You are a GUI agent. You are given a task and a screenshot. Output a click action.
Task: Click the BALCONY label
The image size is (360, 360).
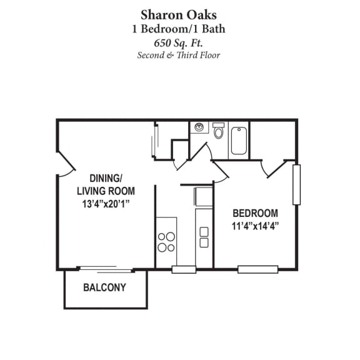tap(104, 288)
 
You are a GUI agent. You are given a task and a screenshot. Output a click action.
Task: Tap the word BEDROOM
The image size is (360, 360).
tap(255, 212)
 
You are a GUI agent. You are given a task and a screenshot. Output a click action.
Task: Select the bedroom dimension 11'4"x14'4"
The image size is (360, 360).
tap(255, 226)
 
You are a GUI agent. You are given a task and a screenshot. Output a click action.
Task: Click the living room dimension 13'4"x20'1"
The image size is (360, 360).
tap(106, 204)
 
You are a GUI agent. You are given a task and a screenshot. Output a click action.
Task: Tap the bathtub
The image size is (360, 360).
tap(239, 141)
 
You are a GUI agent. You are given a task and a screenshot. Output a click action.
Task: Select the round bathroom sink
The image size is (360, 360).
tap(199, 127)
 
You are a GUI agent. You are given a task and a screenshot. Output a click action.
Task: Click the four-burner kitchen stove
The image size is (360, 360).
tap(166, 242)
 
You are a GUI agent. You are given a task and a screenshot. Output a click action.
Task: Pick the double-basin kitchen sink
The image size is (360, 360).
tap(204, 237)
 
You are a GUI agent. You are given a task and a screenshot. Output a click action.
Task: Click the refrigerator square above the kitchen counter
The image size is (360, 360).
tap(204, 197)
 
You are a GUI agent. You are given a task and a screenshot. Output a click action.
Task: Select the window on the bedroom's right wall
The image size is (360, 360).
tap(296, 184)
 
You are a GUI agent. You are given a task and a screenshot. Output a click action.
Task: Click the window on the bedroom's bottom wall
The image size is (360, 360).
tap(257, 269)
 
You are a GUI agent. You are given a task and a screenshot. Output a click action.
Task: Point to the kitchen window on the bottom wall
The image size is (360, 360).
tap(184, 269)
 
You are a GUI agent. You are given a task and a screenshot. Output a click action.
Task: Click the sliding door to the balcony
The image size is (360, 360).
tap(106, 269)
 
